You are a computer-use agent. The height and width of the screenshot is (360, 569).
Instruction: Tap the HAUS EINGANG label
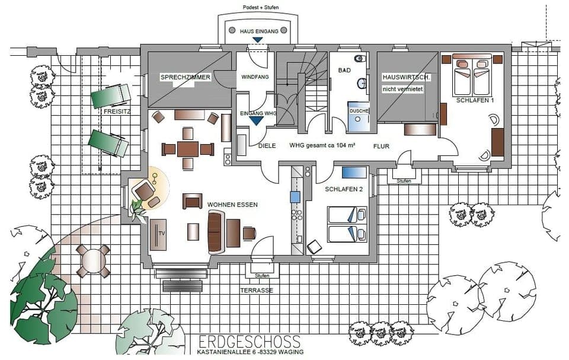coord(259,31)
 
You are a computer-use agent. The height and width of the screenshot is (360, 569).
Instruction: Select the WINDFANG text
coord(255,77)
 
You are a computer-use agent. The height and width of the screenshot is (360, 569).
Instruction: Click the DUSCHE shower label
coord(359,111)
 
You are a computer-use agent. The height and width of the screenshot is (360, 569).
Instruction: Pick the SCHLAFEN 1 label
coord(475,101)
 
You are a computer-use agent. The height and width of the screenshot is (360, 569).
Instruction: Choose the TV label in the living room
coord(161,233)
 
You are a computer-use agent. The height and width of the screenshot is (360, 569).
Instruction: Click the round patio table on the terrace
coord(93,261)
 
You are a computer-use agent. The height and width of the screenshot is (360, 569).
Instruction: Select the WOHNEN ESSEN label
coord(232,205)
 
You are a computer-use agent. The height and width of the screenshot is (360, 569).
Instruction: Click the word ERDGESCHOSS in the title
coord(250,342)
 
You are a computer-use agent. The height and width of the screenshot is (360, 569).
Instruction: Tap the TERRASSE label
coord(257,291)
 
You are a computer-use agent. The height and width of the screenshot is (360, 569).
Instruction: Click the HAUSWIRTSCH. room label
coord(407,78)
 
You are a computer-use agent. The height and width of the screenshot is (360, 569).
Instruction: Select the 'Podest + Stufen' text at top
coord(261,8)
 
